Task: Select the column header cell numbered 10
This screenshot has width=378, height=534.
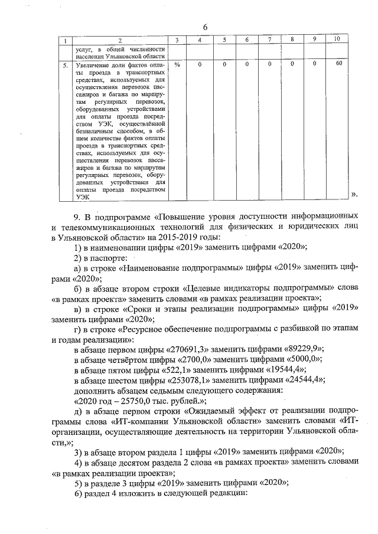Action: [337, 39]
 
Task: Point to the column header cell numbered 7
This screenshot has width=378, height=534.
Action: [269, 40]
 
